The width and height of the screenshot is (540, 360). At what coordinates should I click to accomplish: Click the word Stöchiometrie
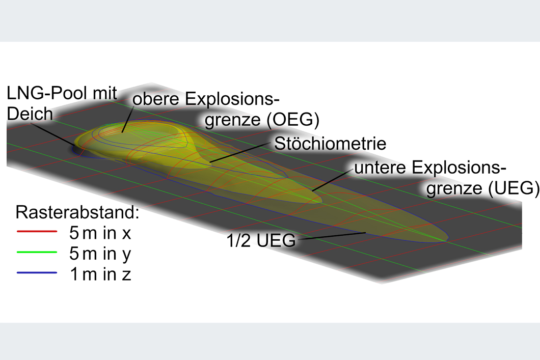[x=330, y=143]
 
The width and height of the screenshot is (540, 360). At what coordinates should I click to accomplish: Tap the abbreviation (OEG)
[x=293, y=120]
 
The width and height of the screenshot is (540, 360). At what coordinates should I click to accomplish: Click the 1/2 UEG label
[x=261, y=240]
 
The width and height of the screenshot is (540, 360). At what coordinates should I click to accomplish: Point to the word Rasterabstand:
[x=77, y=212]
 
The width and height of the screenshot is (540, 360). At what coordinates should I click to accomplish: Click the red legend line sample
[x=37, y=232]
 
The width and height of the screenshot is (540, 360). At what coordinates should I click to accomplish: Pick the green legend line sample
[x=37, y=252]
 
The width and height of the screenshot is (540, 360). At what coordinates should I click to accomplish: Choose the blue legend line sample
[x=37, y=273]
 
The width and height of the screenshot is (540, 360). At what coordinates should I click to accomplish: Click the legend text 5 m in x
[x=100, y=233]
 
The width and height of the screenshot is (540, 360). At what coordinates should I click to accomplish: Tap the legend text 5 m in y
[x=100, y=254]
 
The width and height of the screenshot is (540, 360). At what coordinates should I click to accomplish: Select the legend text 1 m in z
[x=100, y=274]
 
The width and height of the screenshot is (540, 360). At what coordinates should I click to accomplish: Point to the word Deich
[x=30, y=114]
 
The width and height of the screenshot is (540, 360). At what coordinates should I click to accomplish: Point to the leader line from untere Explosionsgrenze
[x=333, y=180]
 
